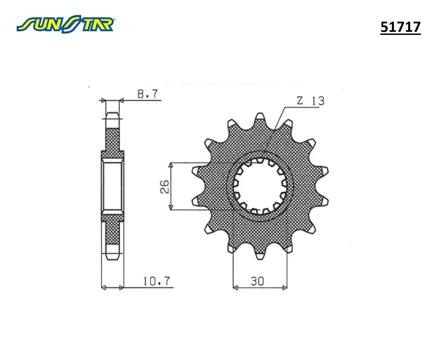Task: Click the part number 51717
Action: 400,27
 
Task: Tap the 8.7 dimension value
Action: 148,94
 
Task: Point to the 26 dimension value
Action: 165,187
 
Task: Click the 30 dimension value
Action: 257,281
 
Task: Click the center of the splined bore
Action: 260,186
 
